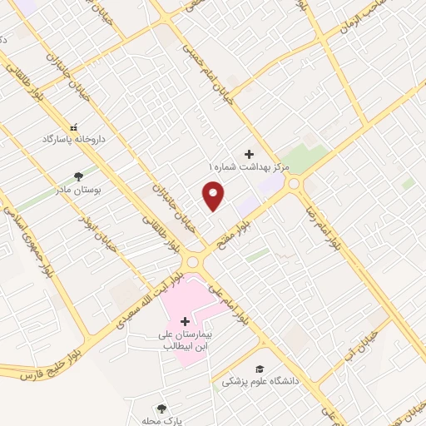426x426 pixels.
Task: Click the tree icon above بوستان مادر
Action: tap(78, 176)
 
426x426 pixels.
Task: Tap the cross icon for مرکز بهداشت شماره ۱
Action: tap(249, 154)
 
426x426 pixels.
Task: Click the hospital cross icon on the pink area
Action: tap(185, 321)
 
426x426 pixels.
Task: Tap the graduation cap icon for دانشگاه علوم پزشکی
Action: tap(260, 368)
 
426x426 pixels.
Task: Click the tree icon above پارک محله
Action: tap(162, 408)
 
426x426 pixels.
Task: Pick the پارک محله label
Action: tap(162, 421)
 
